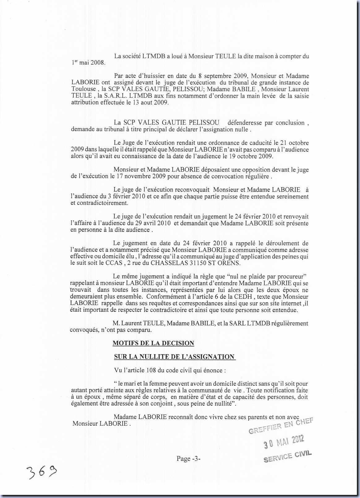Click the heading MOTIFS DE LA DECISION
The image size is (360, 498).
(153, 343)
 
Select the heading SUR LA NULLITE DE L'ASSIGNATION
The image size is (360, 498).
(174, 357)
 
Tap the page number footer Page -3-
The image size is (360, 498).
(189, 459)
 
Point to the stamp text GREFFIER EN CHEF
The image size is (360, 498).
(281, 426)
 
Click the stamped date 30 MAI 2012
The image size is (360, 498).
(284, 442)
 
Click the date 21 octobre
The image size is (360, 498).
(294, 143)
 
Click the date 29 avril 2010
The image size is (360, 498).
(152, 223)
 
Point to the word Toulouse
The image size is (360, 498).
(83, 89)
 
